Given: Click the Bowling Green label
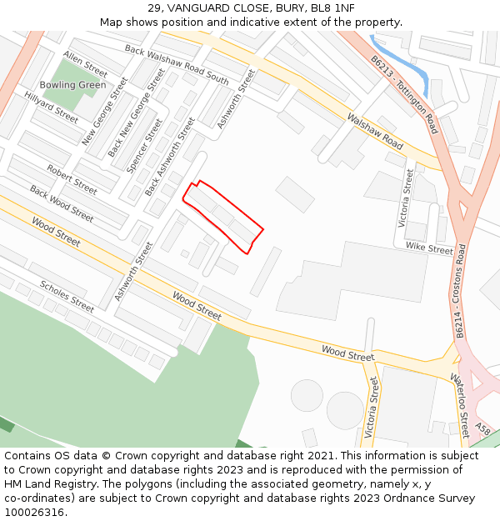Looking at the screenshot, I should click(72, 85).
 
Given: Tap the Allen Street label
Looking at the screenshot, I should click(85, 63).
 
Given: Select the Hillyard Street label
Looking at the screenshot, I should click(51, 108).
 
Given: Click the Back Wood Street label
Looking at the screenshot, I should click(62, 203).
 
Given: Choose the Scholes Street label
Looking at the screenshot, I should click(67, 296).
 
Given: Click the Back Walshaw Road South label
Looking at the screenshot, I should click(176, 64).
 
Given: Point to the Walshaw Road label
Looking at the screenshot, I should click(375, 132).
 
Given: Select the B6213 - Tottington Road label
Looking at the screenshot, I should click(405, 95).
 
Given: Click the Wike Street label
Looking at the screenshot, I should click(429, 248).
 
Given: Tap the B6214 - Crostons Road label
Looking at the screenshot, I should click(460, 291).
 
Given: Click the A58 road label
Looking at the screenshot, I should click(482, 429).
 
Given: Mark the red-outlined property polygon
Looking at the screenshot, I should click(222, 216).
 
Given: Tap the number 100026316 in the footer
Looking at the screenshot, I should click(33, 512).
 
